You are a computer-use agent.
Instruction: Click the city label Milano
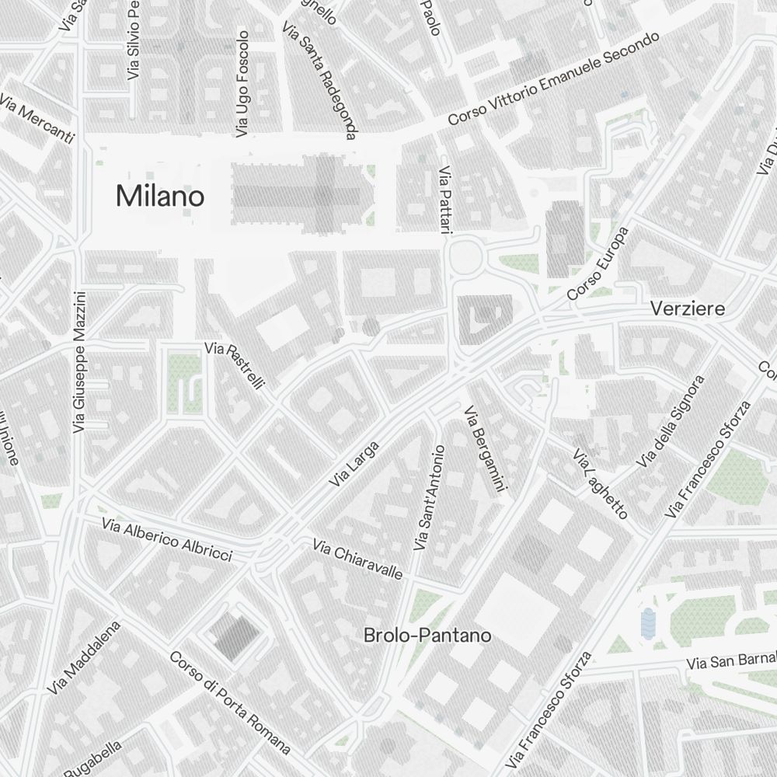(160, 196)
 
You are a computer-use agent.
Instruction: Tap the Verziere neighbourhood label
(688, 308)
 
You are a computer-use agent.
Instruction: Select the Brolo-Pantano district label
(427, 636)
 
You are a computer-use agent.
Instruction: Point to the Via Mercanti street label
(37, 119)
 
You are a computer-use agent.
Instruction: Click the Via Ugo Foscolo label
(242, 84)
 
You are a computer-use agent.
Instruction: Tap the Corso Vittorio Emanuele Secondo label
(554, 78)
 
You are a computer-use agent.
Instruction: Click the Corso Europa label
(598, 264)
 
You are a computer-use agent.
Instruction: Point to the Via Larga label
(354, 464)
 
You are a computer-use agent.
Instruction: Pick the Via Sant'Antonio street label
(430, 497)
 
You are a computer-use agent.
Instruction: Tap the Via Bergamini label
(485, 448)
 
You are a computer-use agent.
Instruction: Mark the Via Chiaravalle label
(358, 559)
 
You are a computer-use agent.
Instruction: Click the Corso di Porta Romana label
(230, 703)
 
